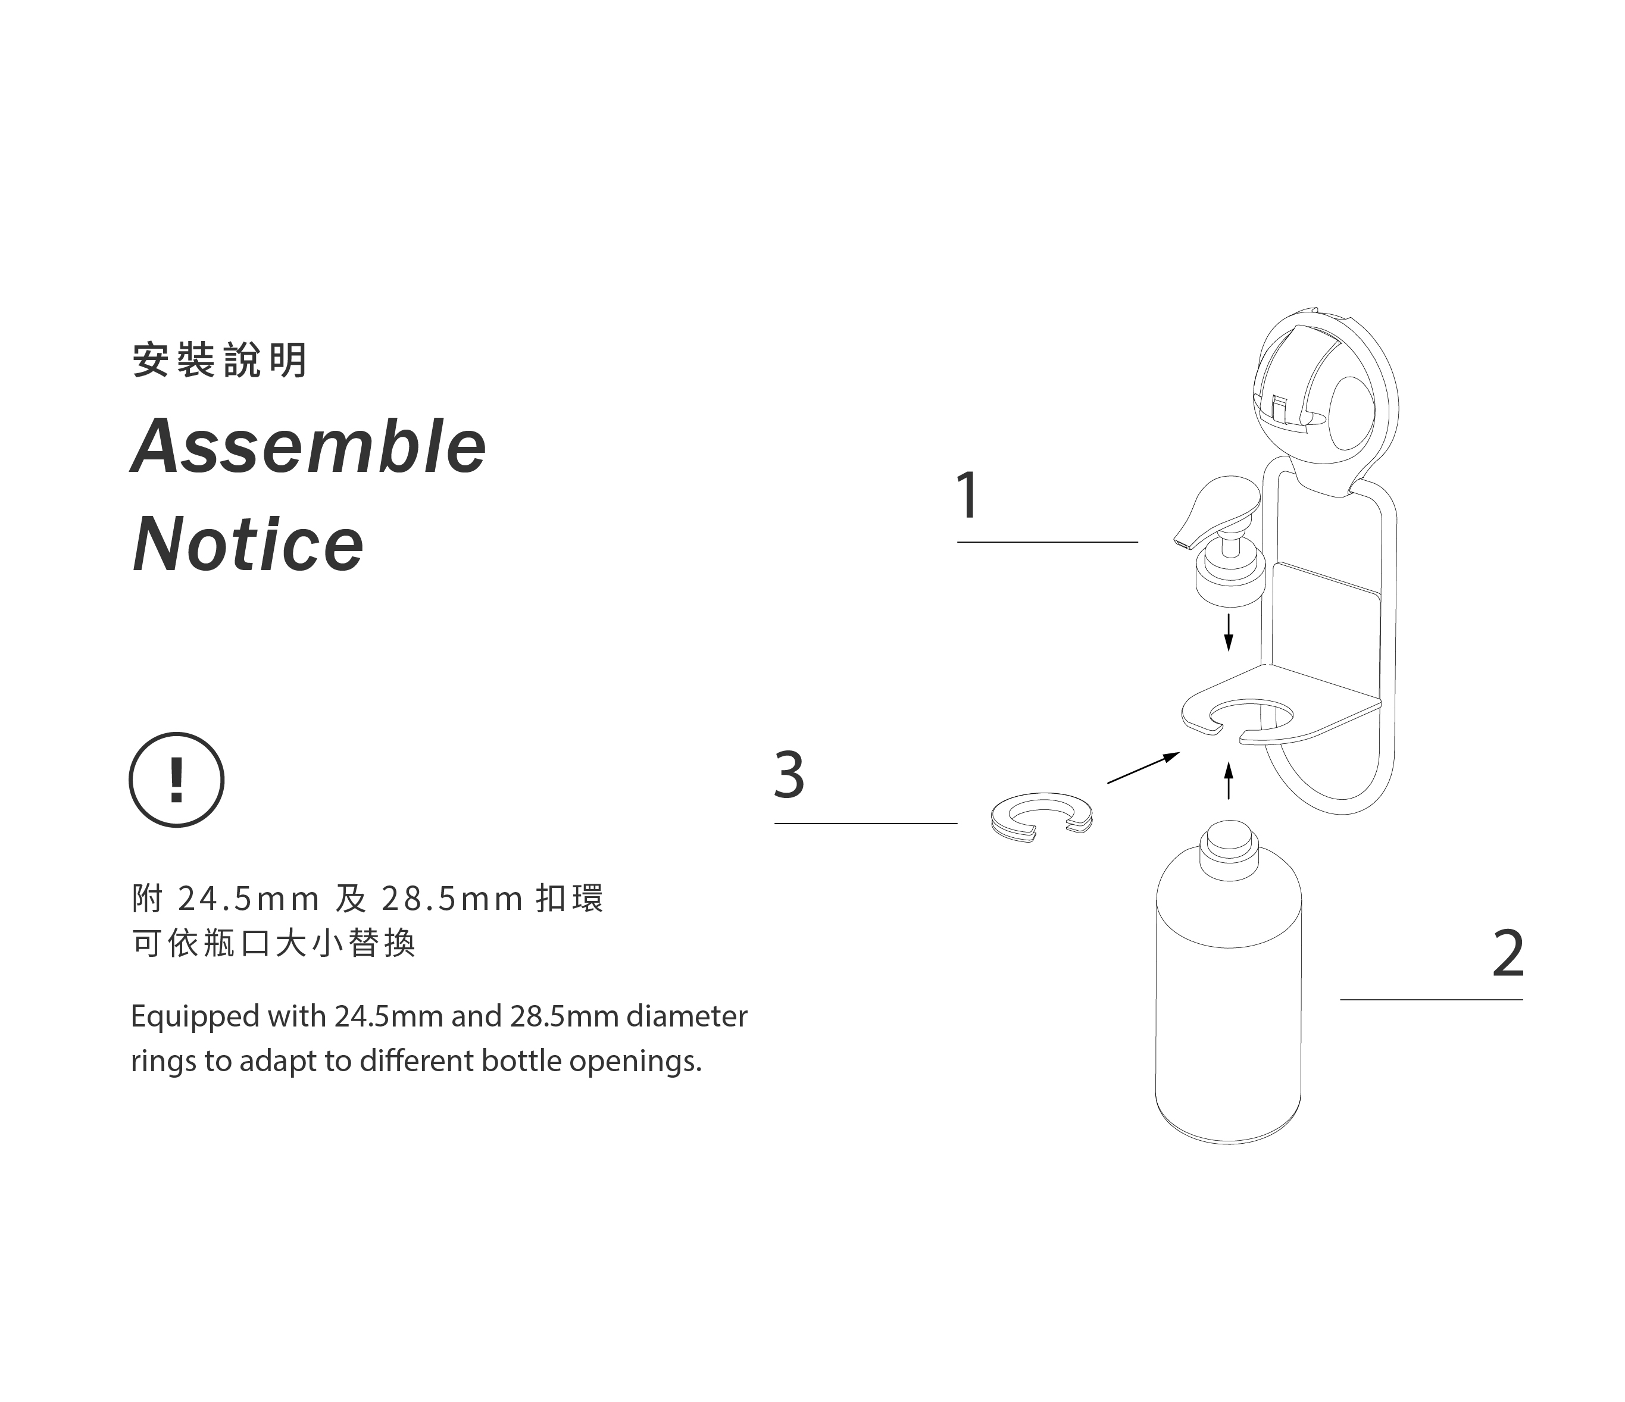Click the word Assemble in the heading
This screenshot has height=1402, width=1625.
pos(308,446)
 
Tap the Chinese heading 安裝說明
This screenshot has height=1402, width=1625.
pos(220,361)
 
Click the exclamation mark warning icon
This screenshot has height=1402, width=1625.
pos(176,780)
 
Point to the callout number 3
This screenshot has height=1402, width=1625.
pos(789,775)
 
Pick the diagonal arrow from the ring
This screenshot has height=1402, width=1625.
pos(1143,768)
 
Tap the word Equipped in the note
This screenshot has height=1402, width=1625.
pos(195,1017)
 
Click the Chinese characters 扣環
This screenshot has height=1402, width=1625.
pos(570,899)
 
